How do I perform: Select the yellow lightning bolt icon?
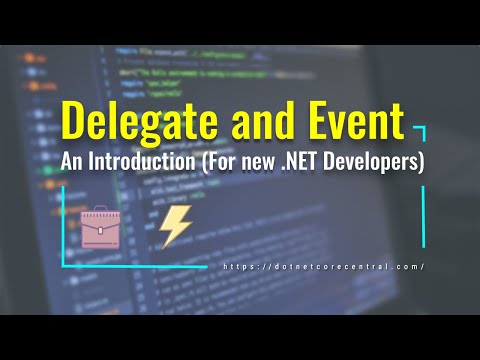click(175, 228)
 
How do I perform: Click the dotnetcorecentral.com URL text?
click(325, 266)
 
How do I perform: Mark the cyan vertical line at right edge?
click(423, 215)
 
